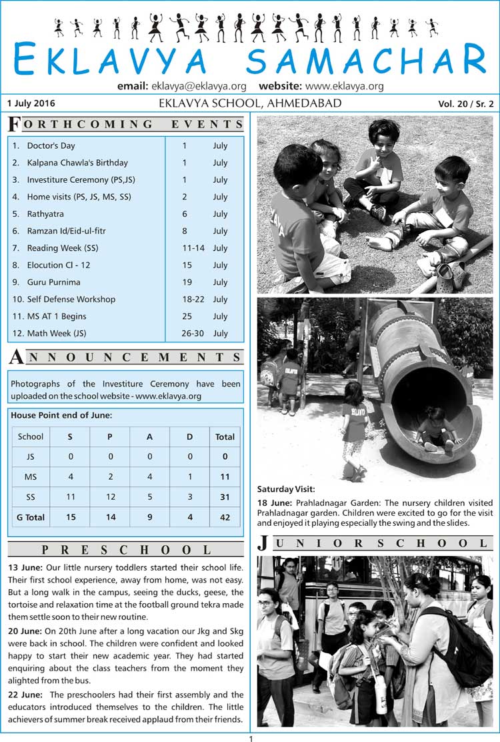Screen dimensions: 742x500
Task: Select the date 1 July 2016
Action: (31, 103)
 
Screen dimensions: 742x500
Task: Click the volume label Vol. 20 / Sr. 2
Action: (466, 104)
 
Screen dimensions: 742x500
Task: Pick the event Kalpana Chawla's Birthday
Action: (77, 163)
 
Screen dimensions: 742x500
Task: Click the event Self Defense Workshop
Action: (71, 300)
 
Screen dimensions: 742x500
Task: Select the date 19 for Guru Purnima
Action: (185, 282)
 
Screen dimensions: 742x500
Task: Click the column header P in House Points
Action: (110, 437)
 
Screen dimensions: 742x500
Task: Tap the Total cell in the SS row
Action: (225, 497)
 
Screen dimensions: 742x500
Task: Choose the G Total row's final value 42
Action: (225, 517)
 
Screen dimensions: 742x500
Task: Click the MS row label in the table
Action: (31, 477)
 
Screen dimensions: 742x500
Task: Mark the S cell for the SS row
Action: (70, 497)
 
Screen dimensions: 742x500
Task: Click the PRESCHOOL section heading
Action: (126, 550)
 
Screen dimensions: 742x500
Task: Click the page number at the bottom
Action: (251, 738)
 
